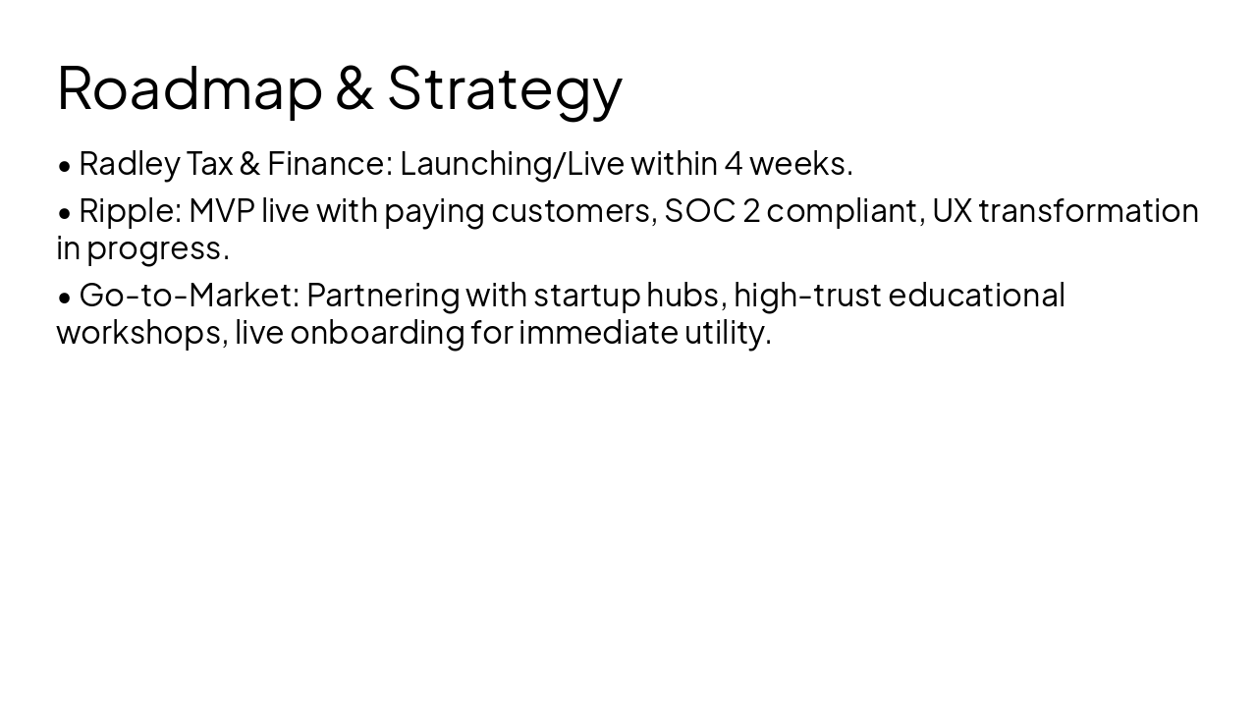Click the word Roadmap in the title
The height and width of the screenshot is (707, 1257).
(190, 87)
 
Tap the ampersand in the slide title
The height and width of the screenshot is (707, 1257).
(355, 87)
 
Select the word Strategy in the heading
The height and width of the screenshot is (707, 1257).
(505, 89)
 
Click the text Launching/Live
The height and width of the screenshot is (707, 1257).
(512, 164)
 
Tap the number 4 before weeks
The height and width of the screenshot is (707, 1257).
(733, 163)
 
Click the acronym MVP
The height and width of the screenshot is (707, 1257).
(221, 210)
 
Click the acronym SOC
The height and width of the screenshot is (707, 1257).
(699, 210)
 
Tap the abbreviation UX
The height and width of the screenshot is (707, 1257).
(951, 210)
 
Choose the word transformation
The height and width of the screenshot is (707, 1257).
(1088, 210)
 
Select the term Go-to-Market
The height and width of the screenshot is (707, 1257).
(189, 295)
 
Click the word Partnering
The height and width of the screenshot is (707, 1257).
(382, 296)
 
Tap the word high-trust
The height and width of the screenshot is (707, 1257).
(806, 296)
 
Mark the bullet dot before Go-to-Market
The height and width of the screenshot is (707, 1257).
(65, 296)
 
